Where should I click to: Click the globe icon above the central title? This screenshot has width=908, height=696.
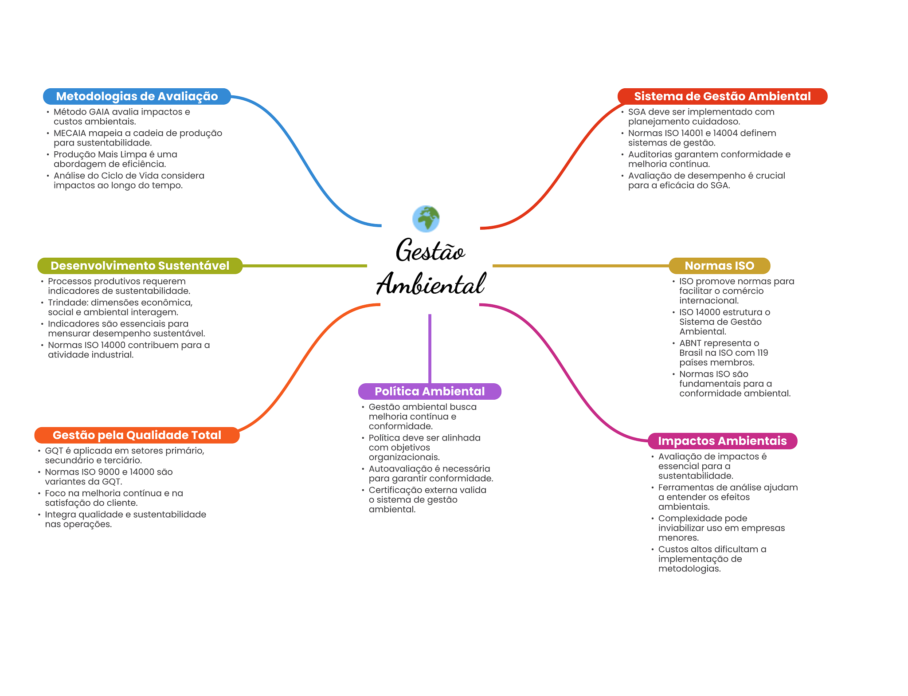tap(426, 219)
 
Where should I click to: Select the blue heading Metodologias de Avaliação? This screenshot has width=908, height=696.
tap(137, 96)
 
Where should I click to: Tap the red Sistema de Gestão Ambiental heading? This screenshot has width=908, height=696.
tap(722, 96)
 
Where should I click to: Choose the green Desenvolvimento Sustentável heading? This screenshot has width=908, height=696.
tap(140, 266)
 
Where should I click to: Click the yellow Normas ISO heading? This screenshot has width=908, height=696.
tap(719, 266)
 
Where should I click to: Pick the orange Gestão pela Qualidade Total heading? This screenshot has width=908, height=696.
tap(137, 435)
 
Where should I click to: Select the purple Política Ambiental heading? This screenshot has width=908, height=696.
tap(430, 391)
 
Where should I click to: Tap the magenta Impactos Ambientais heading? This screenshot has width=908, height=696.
tap(722, 441)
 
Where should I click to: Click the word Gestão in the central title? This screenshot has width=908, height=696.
tap(430, 251)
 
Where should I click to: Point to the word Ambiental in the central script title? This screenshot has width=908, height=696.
tap(431, 284)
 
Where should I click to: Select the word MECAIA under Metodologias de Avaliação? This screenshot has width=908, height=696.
tap(70, 133)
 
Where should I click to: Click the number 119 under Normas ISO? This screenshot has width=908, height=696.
tap(763, 353)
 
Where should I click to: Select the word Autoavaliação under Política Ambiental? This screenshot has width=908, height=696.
tap(400, 469)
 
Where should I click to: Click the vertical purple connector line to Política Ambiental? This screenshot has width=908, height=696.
tap(430, 348)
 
